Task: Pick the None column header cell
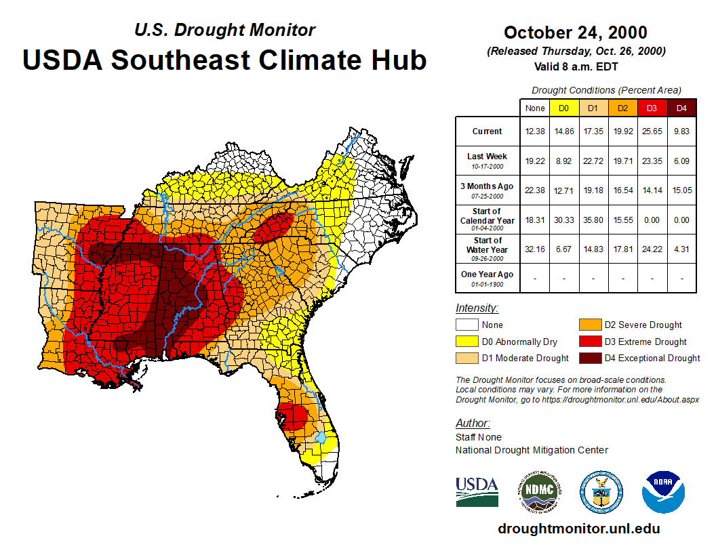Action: (535, 108)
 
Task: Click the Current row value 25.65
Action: (652, 131)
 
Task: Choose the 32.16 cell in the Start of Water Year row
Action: (535, 249)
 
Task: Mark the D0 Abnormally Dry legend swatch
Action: (466, 342)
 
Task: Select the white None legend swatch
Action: (466, 325)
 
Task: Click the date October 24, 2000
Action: (575, 33)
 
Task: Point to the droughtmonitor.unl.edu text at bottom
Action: (578, 529)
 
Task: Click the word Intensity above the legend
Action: (477, 308)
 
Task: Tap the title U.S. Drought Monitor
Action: (224, 30)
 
